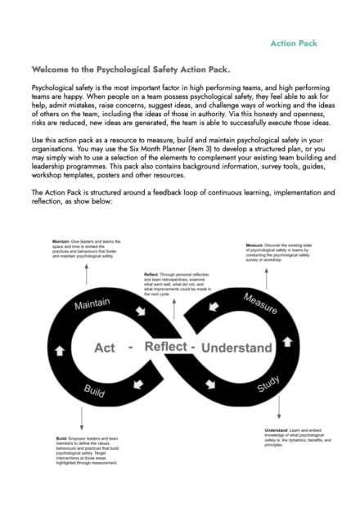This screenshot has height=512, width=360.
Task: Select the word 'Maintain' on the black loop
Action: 92,303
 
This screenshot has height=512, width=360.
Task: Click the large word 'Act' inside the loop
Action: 105,348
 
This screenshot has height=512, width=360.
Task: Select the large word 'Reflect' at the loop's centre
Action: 166,347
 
